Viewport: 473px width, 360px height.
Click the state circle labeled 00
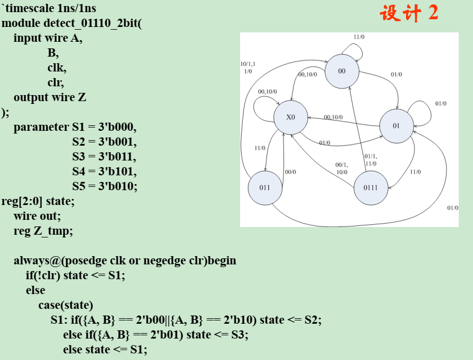click(x=342, y=71)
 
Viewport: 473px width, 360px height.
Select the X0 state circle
click(x=291, y=118)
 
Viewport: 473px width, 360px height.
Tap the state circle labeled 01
click(x=397, y=126)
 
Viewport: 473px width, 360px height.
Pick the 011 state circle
click(x=265, y=187)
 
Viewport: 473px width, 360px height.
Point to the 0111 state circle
click(x=370, y=187)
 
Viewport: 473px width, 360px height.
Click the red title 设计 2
click(x=409, y=13)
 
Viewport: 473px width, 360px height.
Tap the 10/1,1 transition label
click(x=248, y=64)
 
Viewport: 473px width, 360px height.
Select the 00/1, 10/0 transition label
click(x=342, y=168)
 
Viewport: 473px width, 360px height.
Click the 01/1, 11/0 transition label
click(x=371, y=160)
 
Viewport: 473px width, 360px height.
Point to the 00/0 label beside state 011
click(x=291, y=172)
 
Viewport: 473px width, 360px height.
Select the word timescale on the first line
click(x=30, y=9)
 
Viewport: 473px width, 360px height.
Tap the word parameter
click(x=41, y=127)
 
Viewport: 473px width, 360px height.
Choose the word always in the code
click(x=32, y=261)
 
